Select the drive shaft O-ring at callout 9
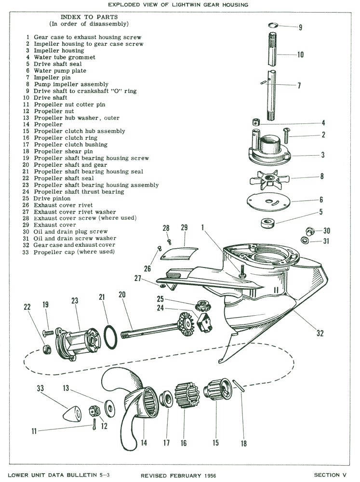click(x=273, y=25)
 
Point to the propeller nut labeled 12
click(x=94, y=411)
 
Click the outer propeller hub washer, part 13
click(x=111, y=408)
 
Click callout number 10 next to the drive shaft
click(x=300, y=55)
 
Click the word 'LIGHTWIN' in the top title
click(x=200, y=4)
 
